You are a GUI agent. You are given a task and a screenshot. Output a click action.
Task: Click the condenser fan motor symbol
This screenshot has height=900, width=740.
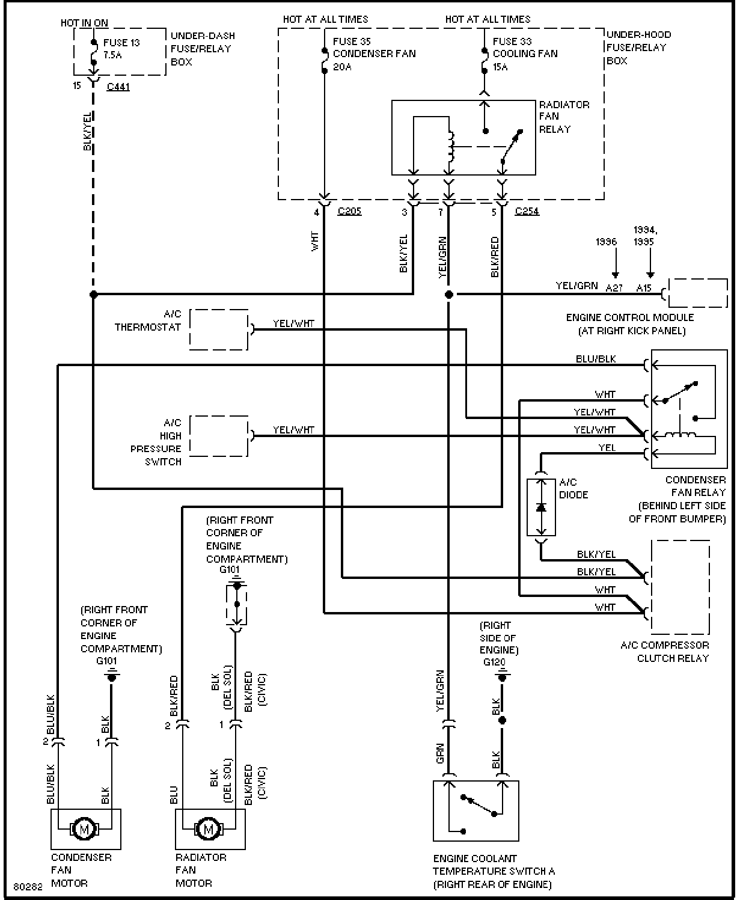click(x=85, y=828)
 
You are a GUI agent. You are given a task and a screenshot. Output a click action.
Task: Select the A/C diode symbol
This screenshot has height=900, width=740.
click(x=541, y=507)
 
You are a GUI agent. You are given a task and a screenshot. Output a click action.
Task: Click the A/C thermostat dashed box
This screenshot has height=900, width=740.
click(x=219, y=329)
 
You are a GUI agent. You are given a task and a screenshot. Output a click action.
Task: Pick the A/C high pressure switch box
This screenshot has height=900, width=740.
click(x=219, y=435)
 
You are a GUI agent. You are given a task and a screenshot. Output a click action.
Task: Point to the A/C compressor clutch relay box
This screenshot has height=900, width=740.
click(x=680, y=587)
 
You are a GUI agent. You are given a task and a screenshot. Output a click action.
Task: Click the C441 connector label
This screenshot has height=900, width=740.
click(x=118, y=87)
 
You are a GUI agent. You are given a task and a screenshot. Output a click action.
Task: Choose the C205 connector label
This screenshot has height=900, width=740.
click(x=349, y=211)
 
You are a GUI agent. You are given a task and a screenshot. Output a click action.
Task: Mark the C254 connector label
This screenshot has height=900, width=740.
click(x=527, y=211)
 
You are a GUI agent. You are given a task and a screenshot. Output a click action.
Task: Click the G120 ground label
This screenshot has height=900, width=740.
click(x=494, y=663)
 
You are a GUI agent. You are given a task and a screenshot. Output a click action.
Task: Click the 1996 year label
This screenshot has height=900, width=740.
click(x=606, y=242)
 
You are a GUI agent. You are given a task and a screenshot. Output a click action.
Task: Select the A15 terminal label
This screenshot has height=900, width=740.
click(x=644, y=288)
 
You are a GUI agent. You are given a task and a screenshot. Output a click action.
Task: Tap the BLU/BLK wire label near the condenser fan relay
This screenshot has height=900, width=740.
click(x=596, y=359)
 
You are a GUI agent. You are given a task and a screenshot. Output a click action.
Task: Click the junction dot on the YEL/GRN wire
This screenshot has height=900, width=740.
click(x=448, y=295)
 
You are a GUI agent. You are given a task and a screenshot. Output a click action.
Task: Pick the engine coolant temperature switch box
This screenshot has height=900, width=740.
click(x=476, y=810)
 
